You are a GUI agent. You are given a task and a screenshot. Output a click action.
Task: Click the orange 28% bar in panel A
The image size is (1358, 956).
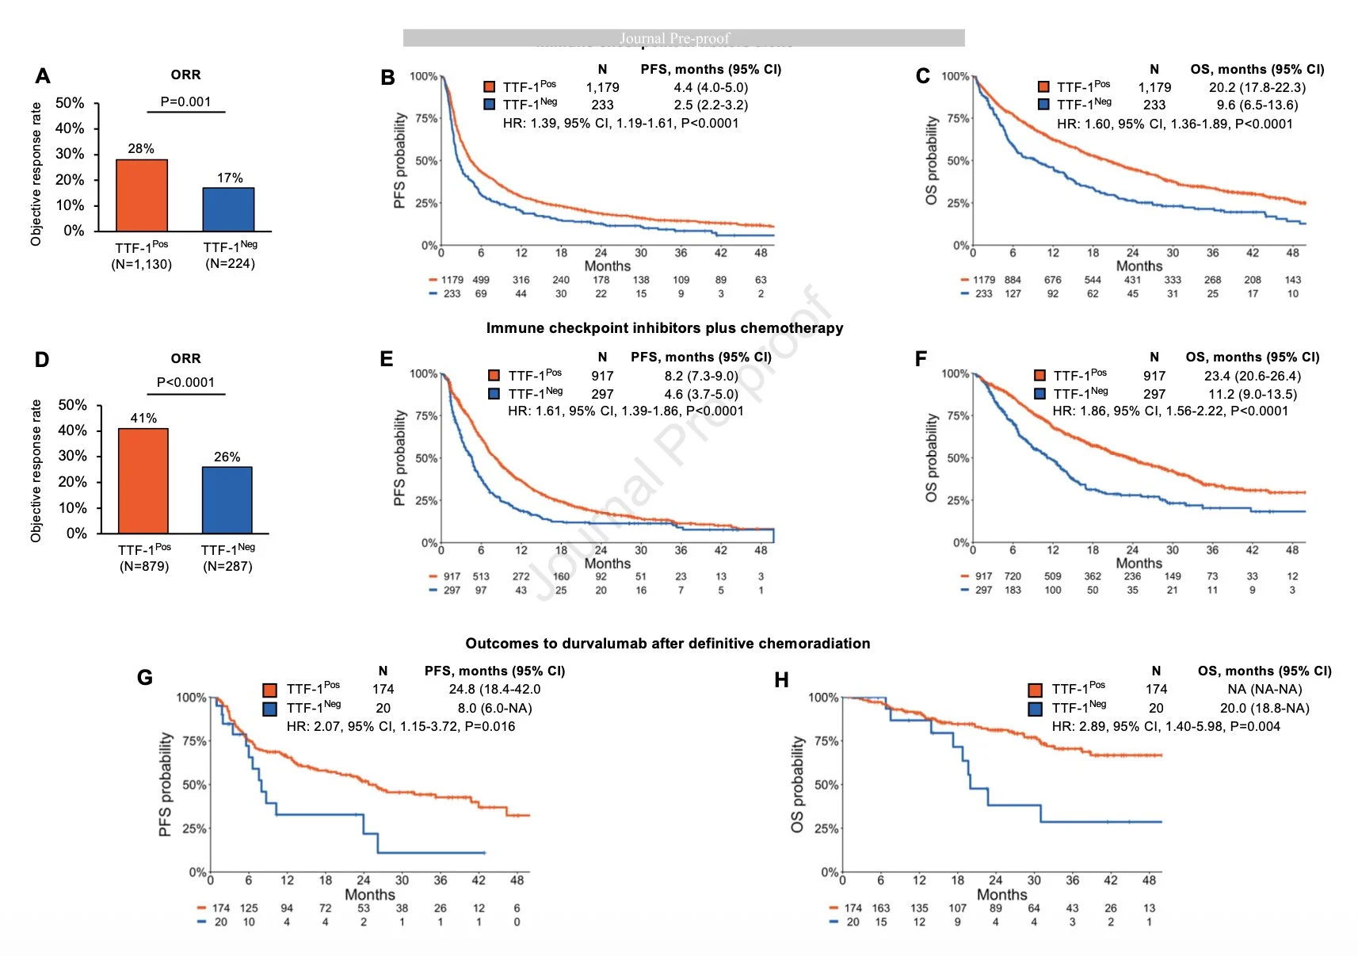click(x=142, y=195)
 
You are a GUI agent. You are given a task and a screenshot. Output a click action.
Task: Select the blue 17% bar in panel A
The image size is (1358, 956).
click(x=228, y=209)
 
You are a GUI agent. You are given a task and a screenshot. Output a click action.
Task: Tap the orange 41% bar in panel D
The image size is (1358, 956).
click(x=143, y=480)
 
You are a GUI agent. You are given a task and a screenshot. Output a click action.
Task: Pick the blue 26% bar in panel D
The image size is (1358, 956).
click(x=227, y=499)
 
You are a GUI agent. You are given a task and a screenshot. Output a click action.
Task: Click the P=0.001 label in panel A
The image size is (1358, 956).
click(x=185, y=101)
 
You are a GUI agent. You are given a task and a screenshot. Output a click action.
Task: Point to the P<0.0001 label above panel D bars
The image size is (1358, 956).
click(x=185, y=382)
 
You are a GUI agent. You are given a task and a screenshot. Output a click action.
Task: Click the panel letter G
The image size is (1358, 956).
click(x=144, y=678)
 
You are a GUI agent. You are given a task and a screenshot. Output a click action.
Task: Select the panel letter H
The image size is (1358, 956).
click(x=781, y=680)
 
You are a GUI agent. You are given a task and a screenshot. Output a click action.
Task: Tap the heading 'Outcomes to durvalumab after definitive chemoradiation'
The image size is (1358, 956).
click(x=667, y=644)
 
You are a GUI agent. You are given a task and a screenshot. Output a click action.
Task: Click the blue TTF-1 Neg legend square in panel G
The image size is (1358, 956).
click(x=270, y=708)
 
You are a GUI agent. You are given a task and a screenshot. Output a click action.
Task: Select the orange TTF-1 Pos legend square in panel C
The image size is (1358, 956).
click(x=1043, y=87)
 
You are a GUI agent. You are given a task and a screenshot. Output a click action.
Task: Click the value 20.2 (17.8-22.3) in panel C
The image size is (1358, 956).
click(x=1257, y=87)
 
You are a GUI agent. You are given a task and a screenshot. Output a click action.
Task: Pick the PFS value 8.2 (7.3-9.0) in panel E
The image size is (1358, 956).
click(x=701, y=376)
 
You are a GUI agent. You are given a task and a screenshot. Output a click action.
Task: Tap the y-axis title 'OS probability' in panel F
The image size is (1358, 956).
click(x=932, y=457)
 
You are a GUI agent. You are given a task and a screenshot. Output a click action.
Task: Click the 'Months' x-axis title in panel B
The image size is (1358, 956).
click(x=607, y=266)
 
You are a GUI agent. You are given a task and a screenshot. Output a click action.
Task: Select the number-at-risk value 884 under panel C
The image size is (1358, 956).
click(x=1013, y=280)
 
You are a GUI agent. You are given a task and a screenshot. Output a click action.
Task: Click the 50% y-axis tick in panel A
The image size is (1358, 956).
click(x=70, y=103)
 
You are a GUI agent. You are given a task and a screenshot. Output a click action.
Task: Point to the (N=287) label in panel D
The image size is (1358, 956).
click(x=227, y=566)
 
